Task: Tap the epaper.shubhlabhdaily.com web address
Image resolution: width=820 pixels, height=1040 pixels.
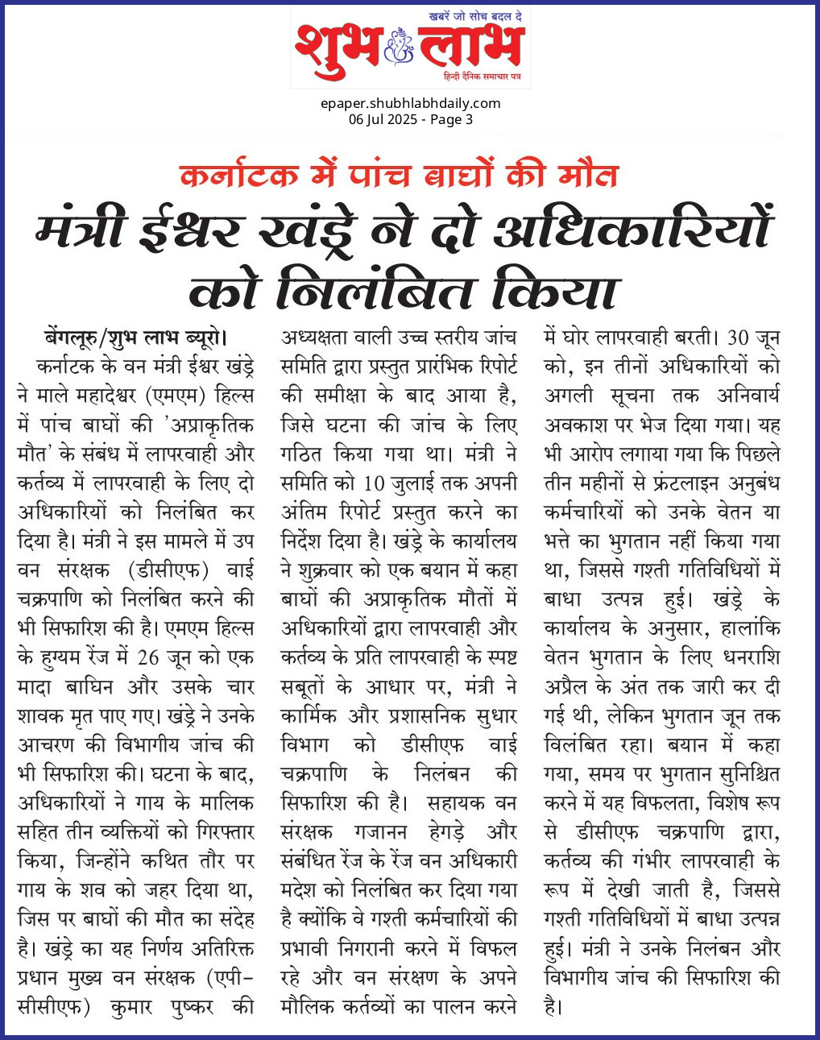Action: tap(410, 103)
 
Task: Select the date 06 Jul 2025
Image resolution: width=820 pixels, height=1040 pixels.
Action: tap(383, 119)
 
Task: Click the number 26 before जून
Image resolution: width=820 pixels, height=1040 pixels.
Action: tap(150, 657)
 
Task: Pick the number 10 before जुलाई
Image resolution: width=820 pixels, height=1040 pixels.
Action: tap(374, 483)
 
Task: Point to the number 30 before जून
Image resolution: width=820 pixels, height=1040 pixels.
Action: tap(738, 337)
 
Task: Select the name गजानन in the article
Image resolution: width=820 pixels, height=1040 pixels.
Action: tap(380, 832)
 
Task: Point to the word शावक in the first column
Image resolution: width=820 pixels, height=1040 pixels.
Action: tap(39, 716)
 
